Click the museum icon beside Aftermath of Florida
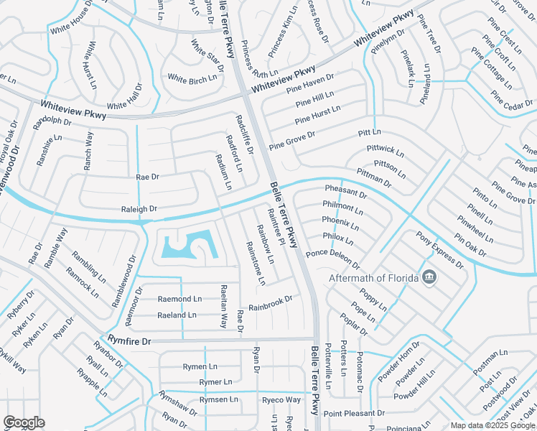(429, 277)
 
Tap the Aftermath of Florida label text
(375, 278)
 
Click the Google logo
(24, 422)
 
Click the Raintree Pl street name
(276, 228)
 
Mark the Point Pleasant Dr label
(354, 414)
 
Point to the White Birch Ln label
(192, 78)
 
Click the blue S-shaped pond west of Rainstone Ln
(188, 246)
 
